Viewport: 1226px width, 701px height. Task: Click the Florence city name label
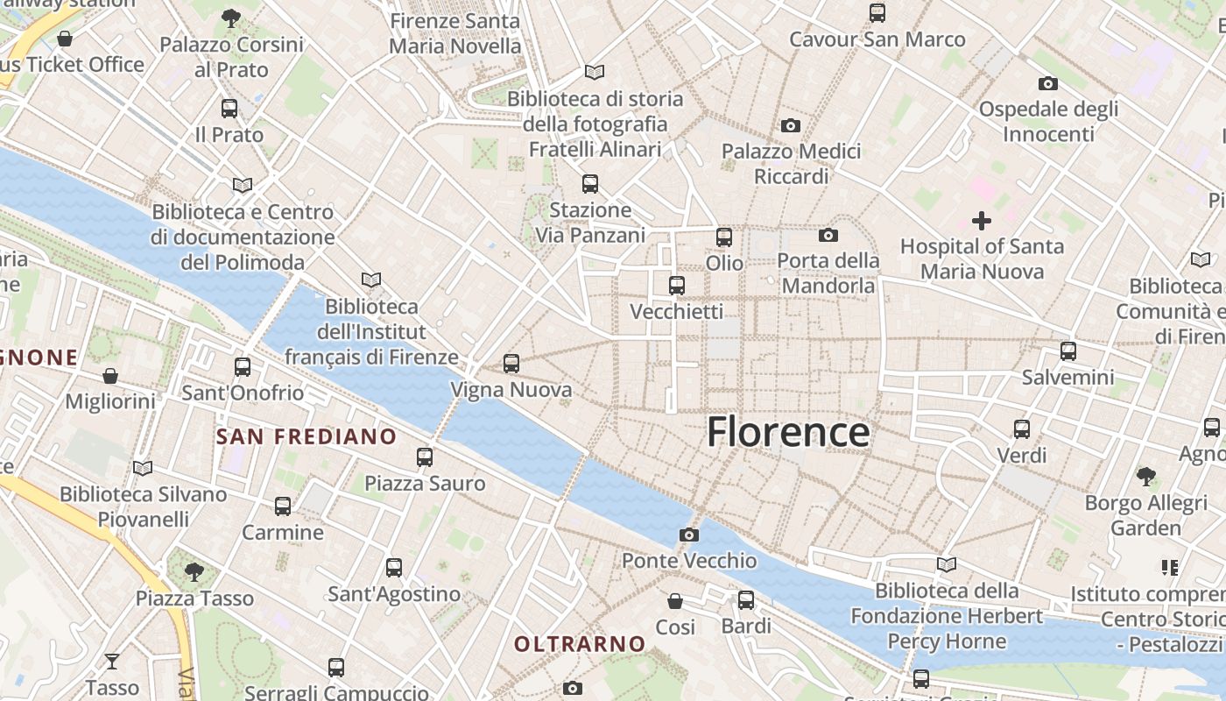788,432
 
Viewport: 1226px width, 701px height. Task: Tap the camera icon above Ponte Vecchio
689,535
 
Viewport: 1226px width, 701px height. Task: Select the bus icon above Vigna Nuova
511,363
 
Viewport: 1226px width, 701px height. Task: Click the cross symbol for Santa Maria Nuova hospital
982,221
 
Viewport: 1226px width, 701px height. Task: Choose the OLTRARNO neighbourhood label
580,645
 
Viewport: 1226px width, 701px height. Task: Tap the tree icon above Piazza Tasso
194,572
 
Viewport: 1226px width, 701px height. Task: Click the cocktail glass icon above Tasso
112,661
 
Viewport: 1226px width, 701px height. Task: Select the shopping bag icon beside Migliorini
110,376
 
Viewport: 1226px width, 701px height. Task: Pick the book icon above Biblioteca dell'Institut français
371,280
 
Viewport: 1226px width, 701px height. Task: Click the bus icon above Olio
724,237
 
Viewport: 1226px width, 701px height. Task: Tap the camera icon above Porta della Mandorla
828,235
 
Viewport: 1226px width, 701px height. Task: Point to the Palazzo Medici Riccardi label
792,164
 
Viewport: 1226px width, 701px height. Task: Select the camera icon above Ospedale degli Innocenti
1048,84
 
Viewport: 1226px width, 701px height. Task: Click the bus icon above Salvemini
1068,351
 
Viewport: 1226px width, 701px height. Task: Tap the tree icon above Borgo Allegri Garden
1145,477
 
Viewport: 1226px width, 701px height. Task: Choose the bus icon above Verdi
1022,429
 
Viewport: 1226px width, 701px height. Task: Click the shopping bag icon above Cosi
675,601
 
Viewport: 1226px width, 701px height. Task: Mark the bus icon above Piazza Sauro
425,457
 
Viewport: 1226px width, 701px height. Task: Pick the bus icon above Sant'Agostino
394,568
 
